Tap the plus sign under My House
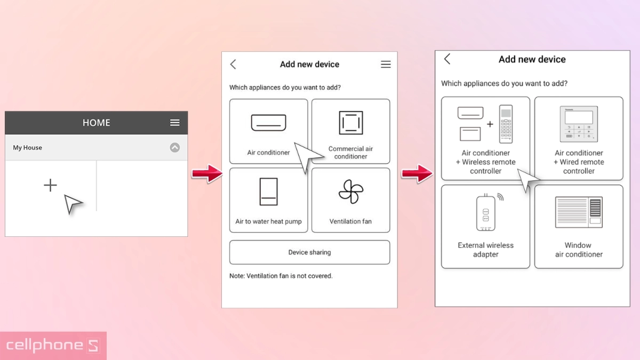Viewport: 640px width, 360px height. pos(50,185)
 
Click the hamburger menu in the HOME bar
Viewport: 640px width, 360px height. pos(175,123)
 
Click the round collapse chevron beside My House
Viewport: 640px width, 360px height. pos(175,147)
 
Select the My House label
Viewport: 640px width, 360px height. pos(27,148)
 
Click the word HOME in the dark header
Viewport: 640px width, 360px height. pos(97,123)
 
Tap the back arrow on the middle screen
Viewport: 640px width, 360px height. pos(233,65)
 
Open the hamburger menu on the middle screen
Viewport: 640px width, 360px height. pos(386,65)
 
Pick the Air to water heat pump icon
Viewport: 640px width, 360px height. pos(269,191)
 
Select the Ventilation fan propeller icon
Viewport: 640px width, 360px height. pos(351,191)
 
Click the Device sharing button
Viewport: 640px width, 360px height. pos(310,252)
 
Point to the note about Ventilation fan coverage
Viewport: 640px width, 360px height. pos(281,276)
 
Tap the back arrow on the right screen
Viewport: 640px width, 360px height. pos(447,59)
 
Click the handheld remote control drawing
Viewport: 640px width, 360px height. pos(506,124)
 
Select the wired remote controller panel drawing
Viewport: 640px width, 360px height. pos(579,124)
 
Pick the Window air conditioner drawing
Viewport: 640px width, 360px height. pos(579,212)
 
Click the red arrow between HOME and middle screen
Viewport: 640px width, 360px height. pos(207,173)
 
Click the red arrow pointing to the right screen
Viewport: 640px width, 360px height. pos(417,173)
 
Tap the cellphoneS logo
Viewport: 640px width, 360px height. pos(53,346)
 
